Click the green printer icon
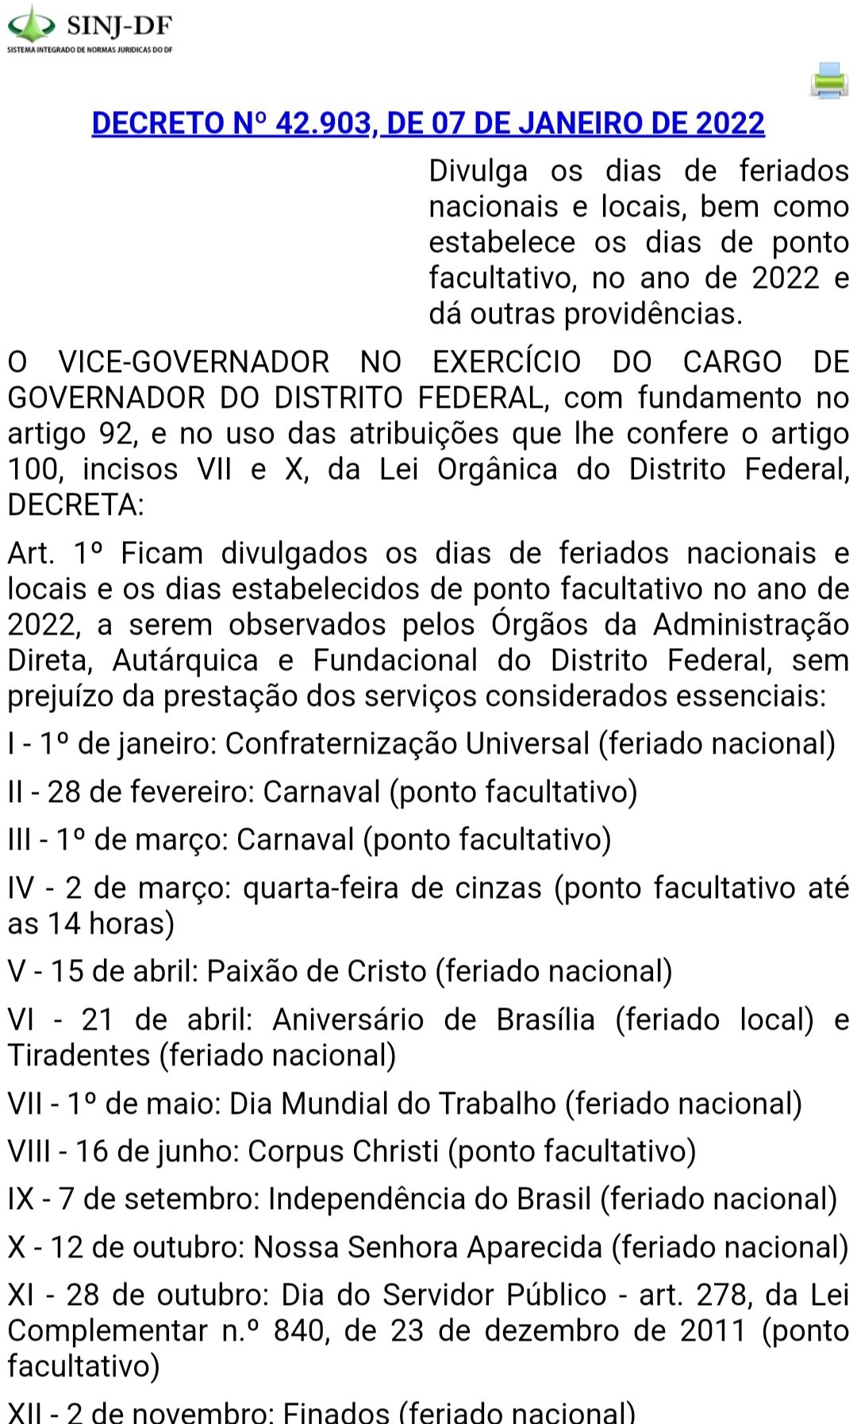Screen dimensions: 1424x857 [x=829, y=81]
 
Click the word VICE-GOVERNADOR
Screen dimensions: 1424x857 [x=194, y=362]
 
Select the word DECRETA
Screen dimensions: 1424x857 [x=74, y=505]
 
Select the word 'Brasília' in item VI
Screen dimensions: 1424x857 [x=545, y=1019]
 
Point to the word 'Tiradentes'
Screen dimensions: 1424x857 [x=79, y=1055]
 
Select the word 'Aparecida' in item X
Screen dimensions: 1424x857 [x=535, y=1247]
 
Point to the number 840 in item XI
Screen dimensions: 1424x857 [x=298, y=1330]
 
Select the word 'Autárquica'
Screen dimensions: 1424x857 [x=186, y=660]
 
